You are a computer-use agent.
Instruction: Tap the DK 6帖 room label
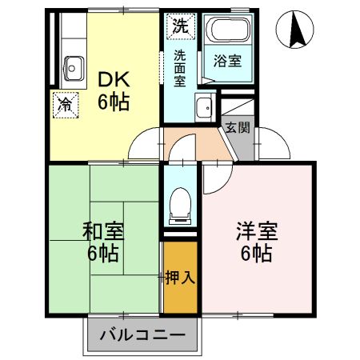click(114, 90)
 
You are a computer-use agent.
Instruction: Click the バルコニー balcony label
click(142, 335)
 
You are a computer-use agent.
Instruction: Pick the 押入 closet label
click(180, 278)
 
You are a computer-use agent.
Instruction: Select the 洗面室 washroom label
click(180, 68)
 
